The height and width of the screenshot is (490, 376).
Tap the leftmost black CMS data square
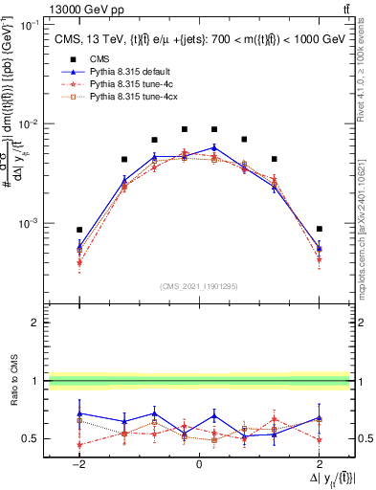coord(80,230)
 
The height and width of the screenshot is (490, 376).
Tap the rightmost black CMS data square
coord(319,229)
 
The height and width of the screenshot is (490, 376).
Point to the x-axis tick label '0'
coord(199,464)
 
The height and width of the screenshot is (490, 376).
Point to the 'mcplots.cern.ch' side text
coord(367,249)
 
